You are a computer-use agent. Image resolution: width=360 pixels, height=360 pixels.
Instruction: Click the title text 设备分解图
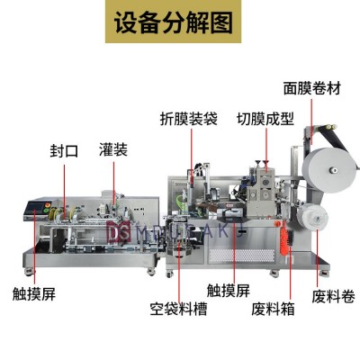[x=174, y=22]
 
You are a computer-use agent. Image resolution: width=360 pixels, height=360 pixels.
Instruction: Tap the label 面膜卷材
[x=312, y=88]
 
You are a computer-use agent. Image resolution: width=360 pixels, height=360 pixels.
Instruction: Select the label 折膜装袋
[x=189, y=119]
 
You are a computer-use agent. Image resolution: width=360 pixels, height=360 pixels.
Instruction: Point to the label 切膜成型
[x=265, y=119]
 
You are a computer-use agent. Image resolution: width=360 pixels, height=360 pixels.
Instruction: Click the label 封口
[x=64, y=150]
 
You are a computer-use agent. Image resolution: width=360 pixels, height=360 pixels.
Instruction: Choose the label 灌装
[x=113, y=149]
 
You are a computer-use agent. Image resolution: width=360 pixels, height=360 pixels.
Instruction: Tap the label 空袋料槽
[x=178, y=309]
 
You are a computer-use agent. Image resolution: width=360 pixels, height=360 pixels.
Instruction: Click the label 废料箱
[x=273, y=309]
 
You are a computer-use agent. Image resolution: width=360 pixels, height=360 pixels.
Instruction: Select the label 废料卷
[x=333, y=296]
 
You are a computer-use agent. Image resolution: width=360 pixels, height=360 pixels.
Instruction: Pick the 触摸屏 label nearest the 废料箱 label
[x=229, y=291]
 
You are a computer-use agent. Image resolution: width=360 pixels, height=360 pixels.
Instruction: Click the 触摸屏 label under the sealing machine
[x=34, y=293]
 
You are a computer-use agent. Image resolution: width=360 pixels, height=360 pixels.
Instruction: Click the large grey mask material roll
[x=329, y=170]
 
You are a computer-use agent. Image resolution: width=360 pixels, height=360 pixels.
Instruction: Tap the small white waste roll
[x=313, y=217]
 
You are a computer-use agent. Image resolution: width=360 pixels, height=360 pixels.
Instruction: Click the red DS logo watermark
[x=119, y=231]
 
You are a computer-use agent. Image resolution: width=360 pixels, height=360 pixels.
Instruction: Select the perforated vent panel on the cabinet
[x=242, y=256]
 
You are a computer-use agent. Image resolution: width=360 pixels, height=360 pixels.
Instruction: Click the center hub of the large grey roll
[x=333, y=170]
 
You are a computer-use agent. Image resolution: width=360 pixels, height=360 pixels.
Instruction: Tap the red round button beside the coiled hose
[x=277, y=223]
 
